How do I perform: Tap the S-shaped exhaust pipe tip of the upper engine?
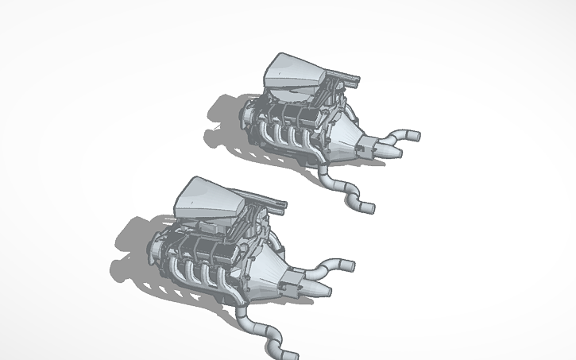coord(365,207)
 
